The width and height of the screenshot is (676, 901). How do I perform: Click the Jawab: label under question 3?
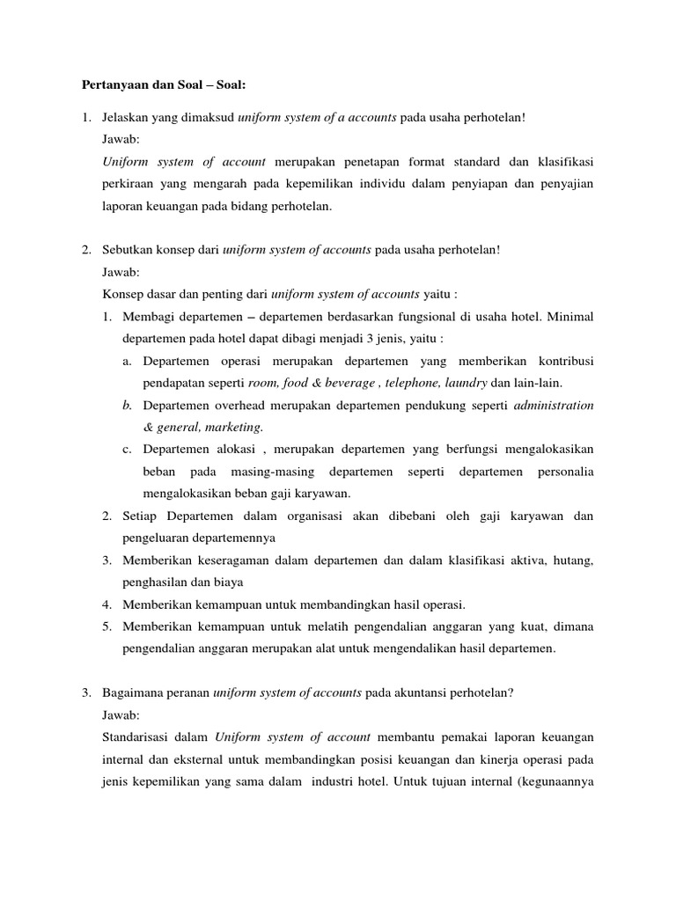coord(121,714)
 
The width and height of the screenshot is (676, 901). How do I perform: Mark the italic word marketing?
coord(231,428)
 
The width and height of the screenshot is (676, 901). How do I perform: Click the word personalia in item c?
coord(560,472)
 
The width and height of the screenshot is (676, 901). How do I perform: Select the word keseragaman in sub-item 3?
coord(233,560)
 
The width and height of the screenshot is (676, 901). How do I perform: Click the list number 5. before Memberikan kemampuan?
coord(107,626)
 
